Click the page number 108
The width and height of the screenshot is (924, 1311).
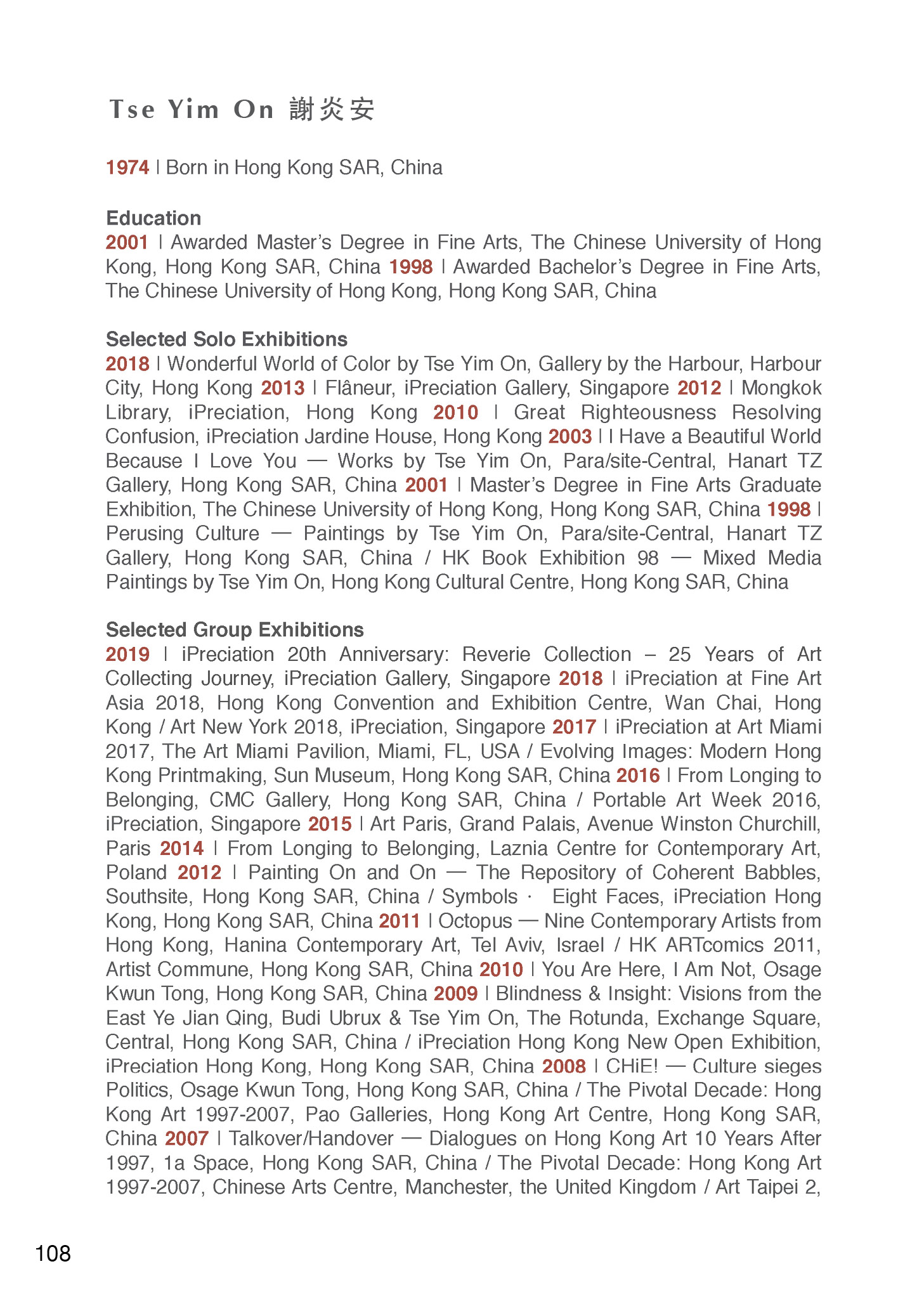click(x=53, y=1254)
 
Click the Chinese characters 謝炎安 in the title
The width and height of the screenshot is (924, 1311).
click(x=332, y=110)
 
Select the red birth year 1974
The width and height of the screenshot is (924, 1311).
click(x=127, y=167)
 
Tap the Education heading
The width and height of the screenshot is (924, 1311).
click(x=153, y=218)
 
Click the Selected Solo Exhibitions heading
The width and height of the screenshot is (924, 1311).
click(x=226, y=339)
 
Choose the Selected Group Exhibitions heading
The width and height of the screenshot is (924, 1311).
click(x=235, y=630)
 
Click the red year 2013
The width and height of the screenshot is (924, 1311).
click(x=283, y=388)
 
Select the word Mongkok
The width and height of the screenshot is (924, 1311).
click(x=781, y=388)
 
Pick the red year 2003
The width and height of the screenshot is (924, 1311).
click(x=570, y=436)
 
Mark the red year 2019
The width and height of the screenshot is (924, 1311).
click(x=128, y=655)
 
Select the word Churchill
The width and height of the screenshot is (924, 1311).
click(x=780, y=824)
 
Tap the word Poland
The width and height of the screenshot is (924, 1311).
click(x=136, y=873)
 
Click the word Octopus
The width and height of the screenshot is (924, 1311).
click(x=475, y=921)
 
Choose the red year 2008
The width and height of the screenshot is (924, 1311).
click(x=564, y=1066)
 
